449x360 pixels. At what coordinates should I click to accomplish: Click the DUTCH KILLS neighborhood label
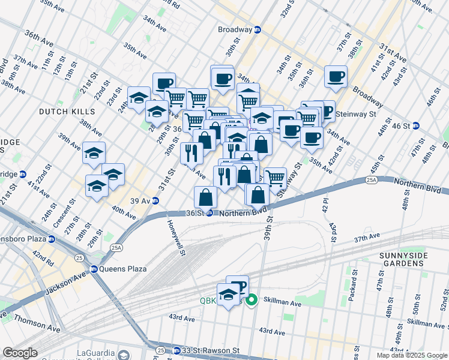pyautogui.click(x=67, y=112)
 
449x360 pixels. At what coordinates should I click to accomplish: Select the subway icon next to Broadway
pyautogui.click(x=258, y=29)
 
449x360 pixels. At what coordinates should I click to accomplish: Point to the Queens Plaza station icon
pyautogui.click(x=94, y=269)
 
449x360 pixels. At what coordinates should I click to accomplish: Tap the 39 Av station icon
pyautogui.click(x=155, y=200)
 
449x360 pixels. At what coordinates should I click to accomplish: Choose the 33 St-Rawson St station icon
pyautogui.click(x=176, y=350)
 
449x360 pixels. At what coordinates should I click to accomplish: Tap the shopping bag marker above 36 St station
pyautogui.click(x=205, y=196)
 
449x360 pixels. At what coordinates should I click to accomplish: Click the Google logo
pyautogui.click(x=20, y=353)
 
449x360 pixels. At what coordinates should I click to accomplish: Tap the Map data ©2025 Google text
pyautogui.click(x=411, y=355)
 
